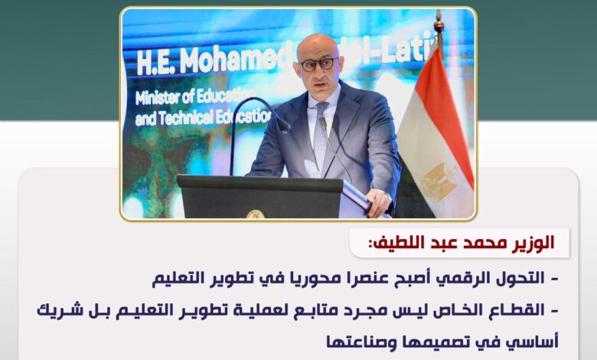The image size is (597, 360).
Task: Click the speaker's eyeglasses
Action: [319, 64]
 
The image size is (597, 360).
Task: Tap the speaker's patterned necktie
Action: [321, 137]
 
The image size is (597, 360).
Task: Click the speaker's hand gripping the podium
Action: [378, 203]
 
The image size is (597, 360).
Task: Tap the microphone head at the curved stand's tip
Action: [283, 125]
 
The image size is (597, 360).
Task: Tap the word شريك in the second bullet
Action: [54, 310]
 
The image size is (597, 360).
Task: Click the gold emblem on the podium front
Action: [256, 214]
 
